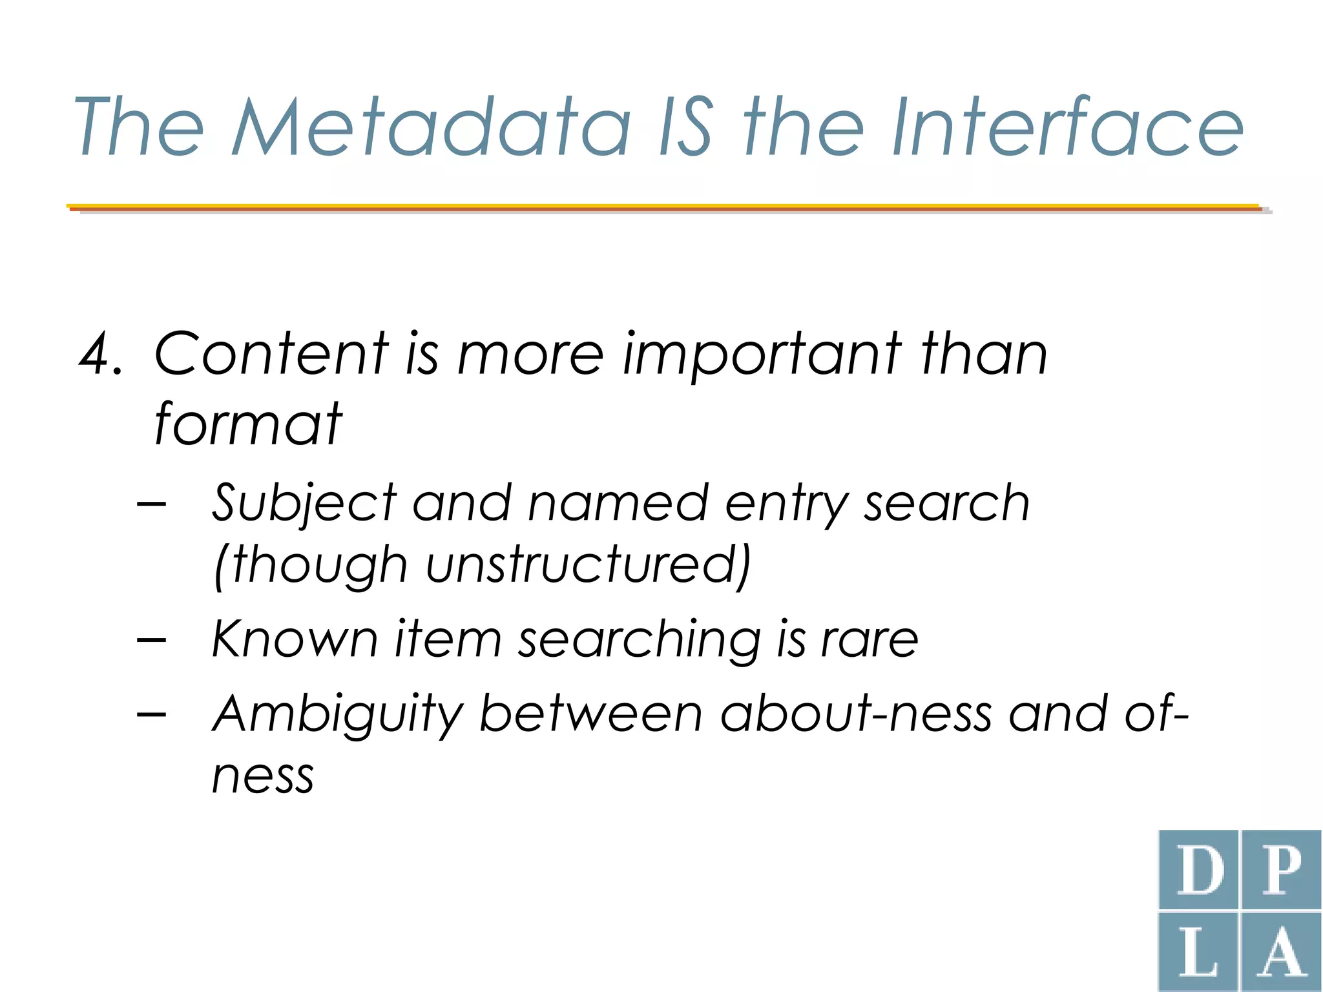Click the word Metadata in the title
pos(432,127)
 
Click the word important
pos(762,355)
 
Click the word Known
pos(295,639)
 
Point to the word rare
pos(870,639)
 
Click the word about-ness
pos(855,714)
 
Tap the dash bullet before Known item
pos(152,640)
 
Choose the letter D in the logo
pos(1199,870)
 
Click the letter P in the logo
pos(1282,870)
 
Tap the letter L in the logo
pos(1199,953)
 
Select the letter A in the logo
pos(1282,953)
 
